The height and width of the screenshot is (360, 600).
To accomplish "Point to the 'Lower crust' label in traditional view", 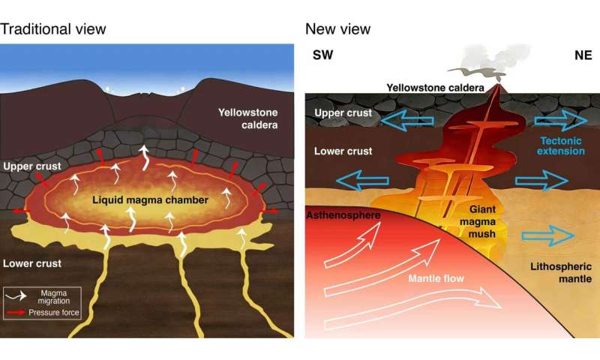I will pyautogui.click(x=34, y=263).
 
